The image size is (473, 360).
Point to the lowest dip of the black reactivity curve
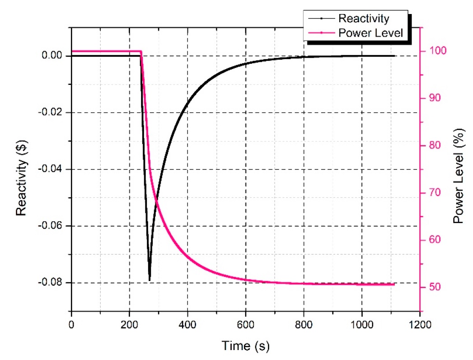point(150,280)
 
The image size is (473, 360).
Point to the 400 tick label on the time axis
point(187,324)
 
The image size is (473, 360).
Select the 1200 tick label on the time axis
point(420,324)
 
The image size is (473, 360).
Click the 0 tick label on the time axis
point(71,324)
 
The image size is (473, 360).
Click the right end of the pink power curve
point(394,285)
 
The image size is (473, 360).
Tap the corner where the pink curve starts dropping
point(141,51)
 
